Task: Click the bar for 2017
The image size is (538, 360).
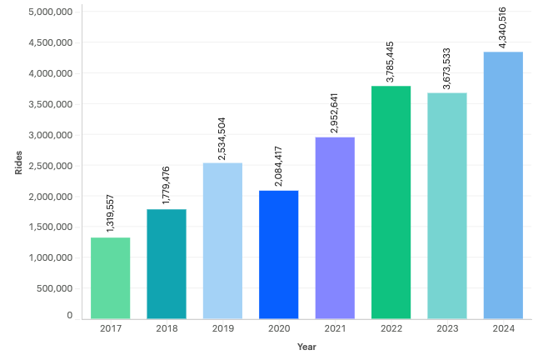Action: pyautogui.click(x=110, y=277)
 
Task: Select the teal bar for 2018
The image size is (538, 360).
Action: pyautogui.click(x=167, y=263)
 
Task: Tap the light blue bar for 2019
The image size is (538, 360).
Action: pyautogui.click(x=222, y=240)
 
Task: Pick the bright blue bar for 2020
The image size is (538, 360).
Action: pyautogui.click(x=278, y=254)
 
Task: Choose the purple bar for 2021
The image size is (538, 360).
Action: pyautogui.click(x=335, y=227)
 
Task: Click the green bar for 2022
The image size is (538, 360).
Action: pyautogui.click(x=391, y=202)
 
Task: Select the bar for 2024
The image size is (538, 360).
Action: pyautogui.click(x=503, y=185)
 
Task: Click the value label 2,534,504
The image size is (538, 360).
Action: pyautogui.click(x=222, y=136)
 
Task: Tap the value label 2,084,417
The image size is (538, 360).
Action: pyautogui.click(x=278, y=163)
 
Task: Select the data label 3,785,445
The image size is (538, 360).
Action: pyautogui.click(x=391, y=59)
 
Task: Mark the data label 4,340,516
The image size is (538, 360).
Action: pyautogui.click(x=503, y=27)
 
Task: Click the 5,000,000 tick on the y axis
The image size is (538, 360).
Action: pyautogui.click(x=50, y=12)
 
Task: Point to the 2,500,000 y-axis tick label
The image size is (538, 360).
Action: pyautogui.click(x=50, y=165)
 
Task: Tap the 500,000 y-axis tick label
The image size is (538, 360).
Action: pyautogui.click(x=54, y=287)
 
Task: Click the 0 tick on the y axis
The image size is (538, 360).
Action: pyautogui.click(x=70, y=316)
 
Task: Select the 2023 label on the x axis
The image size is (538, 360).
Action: pyautogui.click(x=447, y=328)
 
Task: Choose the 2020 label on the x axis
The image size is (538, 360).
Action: pyautogui.click(x=278, y=328)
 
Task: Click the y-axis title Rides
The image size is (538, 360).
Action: pyautogui.click(x=18, y=164)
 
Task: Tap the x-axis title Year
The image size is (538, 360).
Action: pyautogui.click(x=306, y=347)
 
